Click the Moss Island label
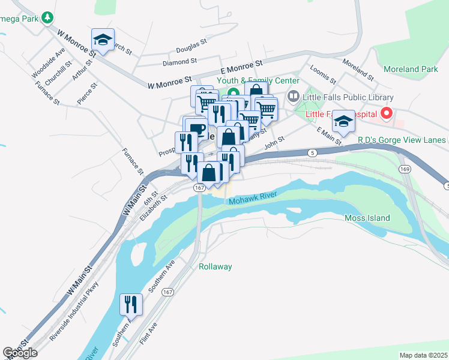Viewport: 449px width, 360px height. coord(367,218)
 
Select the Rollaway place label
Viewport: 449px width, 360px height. coord(215,266)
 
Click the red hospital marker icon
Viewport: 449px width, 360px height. coord(387,113)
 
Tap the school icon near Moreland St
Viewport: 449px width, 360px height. coord(343,121)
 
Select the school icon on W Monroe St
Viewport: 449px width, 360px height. coord(103,41)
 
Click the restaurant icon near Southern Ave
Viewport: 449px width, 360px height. coord(131,304)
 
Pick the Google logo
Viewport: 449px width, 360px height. coord(20,353)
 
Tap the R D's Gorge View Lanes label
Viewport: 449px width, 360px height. coord(402,140)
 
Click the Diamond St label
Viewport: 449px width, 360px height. coord(179,61)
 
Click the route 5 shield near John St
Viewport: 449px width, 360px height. coord(313,153)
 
